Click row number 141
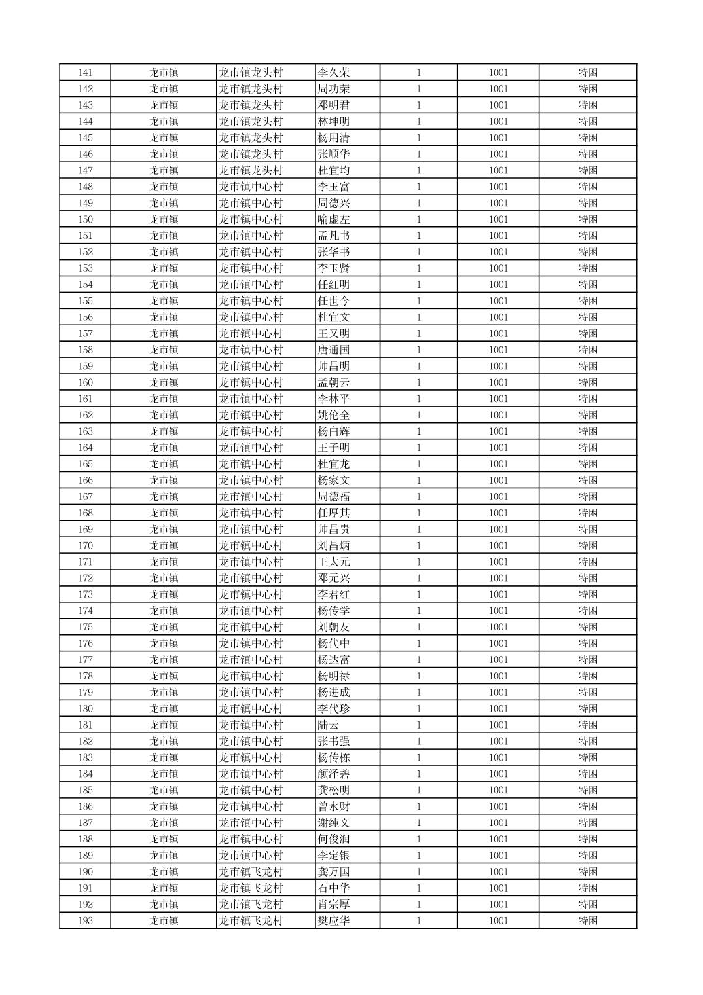point(85,73)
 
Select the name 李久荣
point(333,73)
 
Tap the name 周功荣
point(333,89)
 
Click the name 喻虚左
point(333,219)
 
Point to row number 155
point(85,301)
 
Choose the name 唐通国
point(333,350)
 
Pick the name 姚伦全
point(333,415)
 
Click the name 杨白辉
point(333,431)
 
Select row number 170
point(85,545)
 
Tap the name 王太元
point(333,562)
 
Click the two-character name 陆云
point(328,725)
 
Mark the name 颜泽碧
point(333,774)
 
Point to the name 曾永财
point(333,806)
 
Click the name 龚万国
point(333,871)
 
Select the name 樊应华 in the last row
point(333,920)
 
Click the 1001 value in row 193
point(497,920)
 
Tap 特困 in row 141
point(587,73)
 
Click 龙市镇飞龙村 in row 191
point(251,888)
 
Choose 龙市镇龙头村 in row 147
point(251,170)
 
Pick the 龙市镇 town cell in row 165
point(164,464)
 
